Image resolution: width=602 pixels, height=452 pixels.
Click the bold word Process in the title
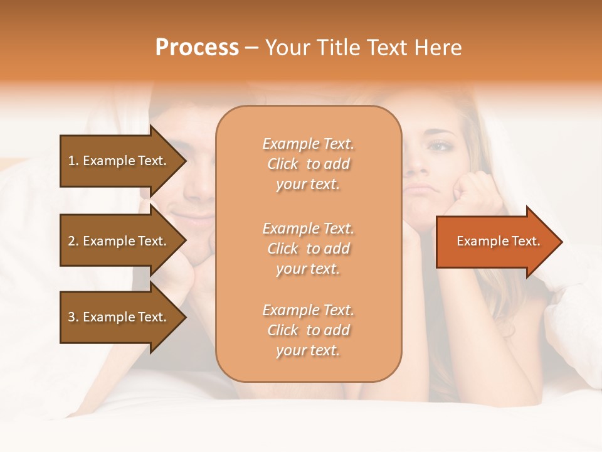tap(197, 48)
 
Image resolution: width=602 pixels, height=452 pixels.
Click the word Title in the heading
tap(337, 48)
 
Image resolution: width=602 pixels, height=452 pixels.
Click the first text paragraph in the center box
tap(308, 164)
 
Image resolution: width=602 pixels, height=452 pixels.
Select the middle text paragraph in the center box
tap(308, 249)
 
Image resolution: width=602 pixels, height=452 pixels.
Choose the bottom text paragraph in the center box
tap(308, 330)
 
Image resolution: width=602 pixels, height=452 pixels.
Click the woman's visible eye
tap(439, 146)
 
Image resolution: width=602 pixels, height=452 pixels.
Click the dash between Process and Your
tap(251, 48)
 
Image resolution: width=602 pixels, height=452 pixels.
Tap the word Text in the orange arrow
tap(526, 242)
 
